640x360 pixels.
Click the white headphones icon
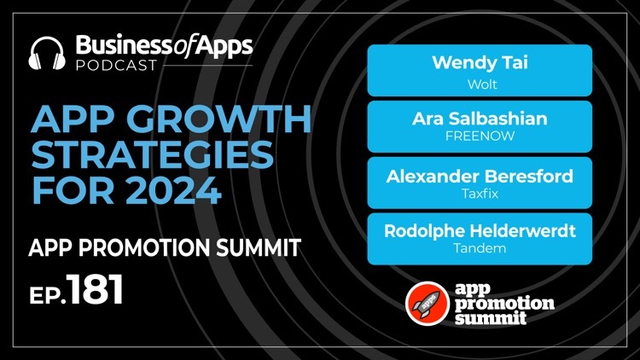47,54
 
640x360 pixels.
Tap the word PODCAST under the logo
117,66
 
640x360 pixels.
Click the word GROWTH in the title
222,119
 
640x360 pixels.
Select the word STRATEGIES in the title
152,154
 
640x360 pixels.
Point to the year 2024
174,190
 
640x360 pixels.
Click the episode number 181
95,289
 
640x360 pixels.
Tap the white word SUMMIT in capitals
259,247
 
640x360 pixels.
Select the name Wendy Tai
480,62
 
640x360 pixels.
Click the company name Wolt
482,84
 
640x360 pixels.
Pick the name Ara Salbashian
480,119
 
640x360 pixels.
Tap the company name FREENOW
480,136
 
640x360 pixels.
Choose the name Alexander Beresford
480,177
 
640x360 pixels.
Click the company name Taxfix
480,193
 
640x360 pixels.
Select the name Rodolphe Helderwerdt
480,231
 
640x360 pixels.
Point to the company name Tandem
480,247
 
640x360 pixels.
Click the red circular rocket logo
428,304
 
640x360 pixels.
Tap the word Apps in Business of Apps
224,46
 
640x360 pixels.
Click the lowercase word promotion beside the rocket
504,304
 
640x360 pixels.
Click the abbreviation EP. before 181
47,294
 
